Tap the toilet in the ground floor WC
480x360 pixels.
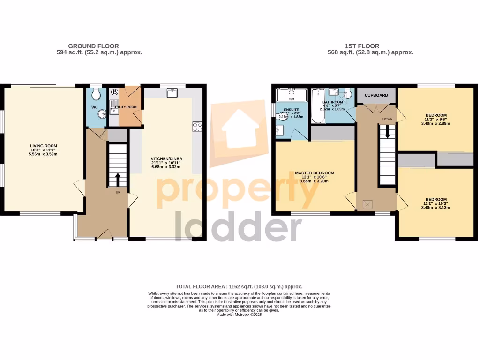click(x=96, y=95)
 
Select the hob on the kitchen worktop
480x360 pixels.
click(x=197, y=127)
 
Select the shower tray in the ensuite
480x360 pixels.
click(x=291, y=95)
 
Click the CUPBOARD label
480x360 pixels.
click(x=376, y=96)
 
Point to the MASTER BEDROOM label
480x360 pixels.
click(x=315, y=173)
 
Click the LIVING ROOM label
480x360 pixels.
click(x=43, y=146)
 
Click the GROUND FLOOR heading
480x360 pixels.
click(x=93, y=46)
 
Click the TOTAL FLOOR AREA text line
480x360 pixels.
click(x=239, y=286)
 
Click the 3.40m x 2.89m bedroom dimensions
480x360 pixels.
click(x=436, y=123)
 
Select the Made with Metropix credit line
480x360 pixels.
click(x=239, y=315)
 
